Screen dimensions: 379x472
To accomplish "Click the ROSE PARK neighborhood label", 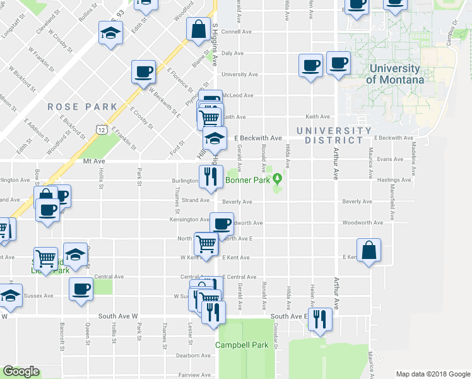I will (x=83, y=107).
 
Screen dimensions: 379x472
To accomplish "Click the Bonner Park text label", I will (x=249, y=180).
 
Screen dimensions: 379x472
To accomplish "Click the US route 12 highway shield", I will (x=101, y=129).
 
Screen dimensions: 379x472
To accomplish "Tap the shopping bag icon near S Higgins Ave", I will (x=199, y=29).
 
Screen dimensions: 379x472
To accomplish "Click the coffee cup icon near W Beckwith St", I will (x=143, y=71).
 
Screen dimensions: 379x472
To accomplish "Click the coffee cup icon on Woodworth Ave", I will (x=221, y=224).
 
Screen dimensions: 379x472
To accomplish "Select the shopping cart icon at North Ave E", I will (x=206, y=243).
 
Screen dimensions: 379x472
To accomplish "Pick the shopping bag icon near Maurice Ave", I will (x=369, y=250).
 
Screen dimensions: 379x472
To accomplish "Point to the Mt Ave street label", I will (x=93, y=162).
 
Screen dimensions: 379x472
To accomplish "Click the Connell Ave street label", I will (x=237, y=31).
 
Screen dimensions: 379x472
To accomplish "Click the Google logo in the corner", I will (x=21, y=371).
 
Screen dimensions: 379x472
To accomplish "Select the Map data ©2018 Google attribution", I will (x=432, y=374).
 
